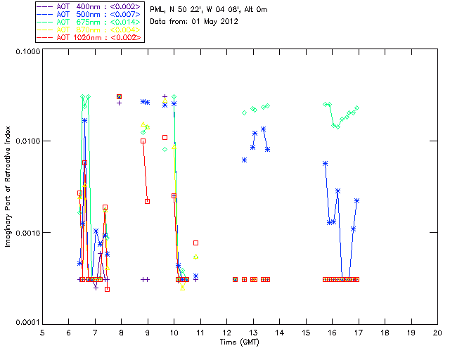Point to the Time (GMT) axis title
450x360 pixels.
pyautogui.click(x=240, y=342)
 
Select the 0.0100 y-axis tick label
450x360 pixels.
pyautogui.click(x=26, y=142)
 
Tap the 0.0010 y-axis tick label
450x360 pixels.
pyautogui.click(x=26, y=233)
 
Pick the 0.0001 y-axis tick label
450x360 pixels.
pyautogui.click(x=26, y=323)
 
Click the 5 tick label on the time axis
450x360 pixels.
pyautogui.click(x=43, y=332)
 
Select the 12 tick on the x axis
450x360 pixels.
pyautogui.click(x=226, y=332)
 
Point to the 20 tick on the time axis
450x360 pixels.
pyautogui.click(x=437, y=332)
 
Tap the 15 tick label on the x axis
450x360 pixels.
pyautogui.click(x=306, y=332)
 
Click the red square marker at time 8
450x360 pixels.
pyautogui.click(x=120, y=97)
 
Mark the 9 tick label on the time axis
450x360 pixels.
pyautogui.click(x=148, y=332)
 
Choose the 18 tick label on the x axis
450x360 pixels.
pyautogui.click(x=385, y=332)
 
